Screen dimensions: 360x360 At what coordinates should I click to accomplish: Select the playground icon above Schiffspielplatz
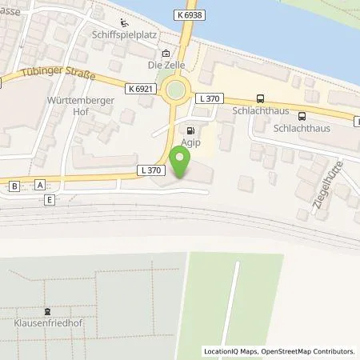(x=122, y=22)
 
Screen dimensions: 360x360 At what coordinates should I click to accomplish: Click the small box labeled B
(x=14, y=186)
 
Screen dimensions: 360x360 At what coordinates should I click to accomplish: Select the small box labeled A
(x=40, y=185)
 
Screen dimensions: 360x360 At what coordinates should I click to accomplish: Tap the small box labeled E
(x=50, y=199)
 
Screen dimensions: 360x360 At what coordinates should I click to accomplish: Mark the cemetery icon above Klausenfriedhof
(x=48, y=313)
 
